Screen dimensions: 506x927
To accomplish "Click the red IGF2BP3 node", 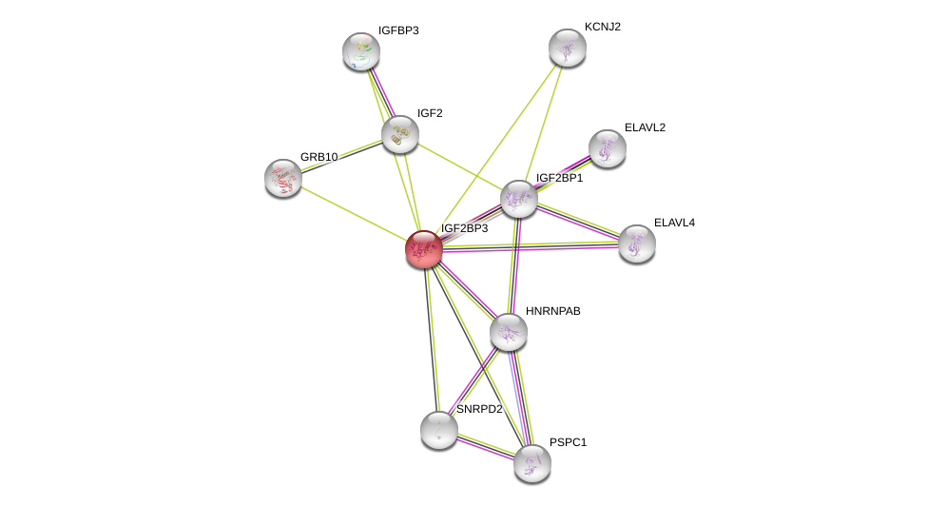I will click(x=423, y=249).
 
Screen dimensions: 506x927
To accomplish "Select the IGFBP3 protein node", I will click(x=361, y=51).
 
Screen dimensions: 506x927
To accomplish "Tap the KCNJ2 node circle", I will click(x=567, y=48).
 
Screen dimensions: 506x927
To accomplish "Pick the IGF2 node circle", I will click(x=400, y=134).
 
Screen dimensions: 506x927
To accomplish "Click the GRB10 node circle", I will click(x=283, y=177).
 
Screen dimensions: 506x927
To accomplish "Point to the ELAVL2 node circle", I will click(x=607, y=148).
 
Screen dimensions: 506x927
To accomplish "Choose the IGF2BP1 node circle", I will click(x=518, y=199).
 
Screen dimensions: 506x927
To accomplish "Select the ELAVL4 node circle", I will click(x=636, y=243).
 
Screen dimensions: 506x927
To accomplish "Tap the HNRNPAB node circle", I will click(x=509, y=332).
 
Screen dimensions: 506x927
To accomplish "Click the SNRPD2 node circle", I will click(x=438, y=430).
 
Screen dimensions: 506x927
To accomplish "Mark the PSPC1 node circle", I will click(x=531, y=463).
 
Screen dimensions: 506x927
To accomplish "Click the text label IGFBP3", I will click(x=397, y=30).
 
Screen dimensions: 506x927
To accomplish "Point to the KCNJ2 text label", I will click(x=602, y=27).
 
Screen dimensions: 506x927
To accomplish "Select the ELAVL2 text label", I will click(x=644, y=127).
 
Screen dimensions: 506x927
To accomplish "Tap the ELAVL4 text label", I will click(x=673, y=223).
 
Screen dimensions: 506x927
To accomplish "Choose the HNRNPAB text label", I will click(x=552, y=311).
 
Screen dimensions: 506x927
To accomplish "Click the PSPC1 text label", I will click(x=568, y=442).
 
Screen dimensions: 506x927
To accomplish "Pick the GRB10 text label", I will click(x=319, y=157).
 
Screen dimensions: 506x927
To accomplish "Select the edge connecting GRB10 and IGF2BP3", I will click(x=354, y=213).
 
